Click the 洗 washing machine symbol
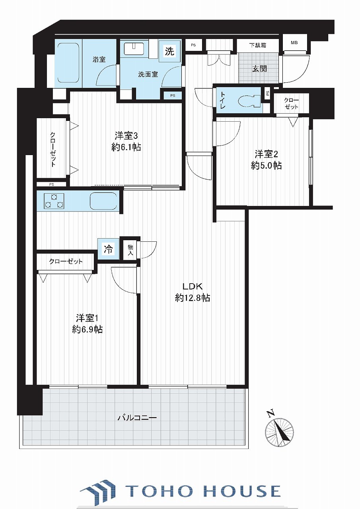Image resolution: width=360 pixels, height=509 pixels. coord(169,51)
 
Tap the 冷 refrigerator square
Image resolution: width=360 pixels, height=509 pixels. coord(109,249)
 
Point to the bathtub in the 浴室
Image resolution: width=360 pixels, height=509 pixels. coord(67,63)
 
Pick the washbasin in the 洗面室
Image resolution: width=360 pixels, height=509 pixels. coord(134,49)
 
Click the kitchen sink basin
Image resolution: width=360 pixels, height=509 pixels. coord(103,201)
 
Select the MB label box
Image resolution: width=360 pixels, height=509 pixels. coord(294,43)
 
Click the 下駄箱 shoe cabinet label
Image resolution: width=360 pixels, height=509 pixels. coord(257,45)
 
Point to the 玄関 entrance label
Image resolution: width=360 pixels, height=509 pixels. coord(259,68)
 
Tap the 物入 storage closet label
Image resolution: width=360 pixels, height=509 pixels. coord(130,250)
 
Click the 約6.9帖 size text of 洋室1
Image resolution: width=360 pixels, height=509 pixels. coord(88,330)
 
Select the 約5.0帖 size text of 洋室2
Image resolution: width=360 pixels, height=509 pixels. coord(266,165)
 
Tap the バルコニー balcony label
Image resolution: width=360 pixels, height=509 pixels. coord(137,418)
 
